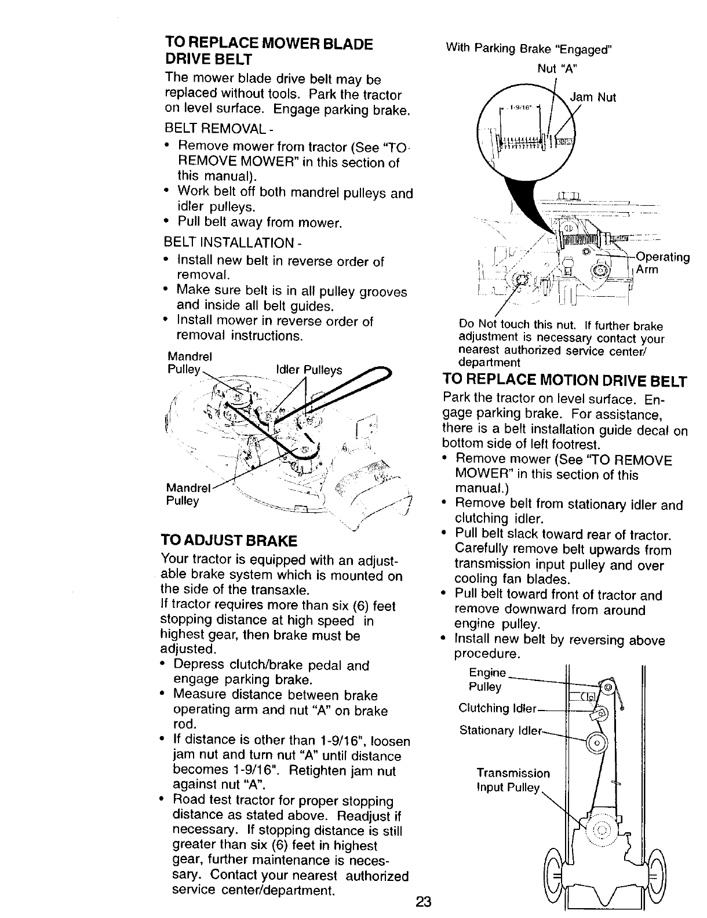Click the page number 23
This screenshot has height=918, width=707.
424,902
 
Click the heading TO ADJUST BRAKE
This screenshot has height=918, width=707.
228,541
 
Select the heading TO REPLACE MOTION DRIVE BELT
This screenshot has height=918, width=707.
564,381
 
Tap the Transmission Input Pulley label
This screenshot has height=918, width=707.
512,780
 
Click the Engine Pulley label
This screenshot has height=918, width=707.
487,680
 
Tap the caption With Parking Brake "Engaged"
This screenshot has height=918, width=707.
528,49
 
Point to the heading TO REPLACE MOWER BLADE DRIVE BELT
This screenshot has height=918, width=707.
268,51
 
